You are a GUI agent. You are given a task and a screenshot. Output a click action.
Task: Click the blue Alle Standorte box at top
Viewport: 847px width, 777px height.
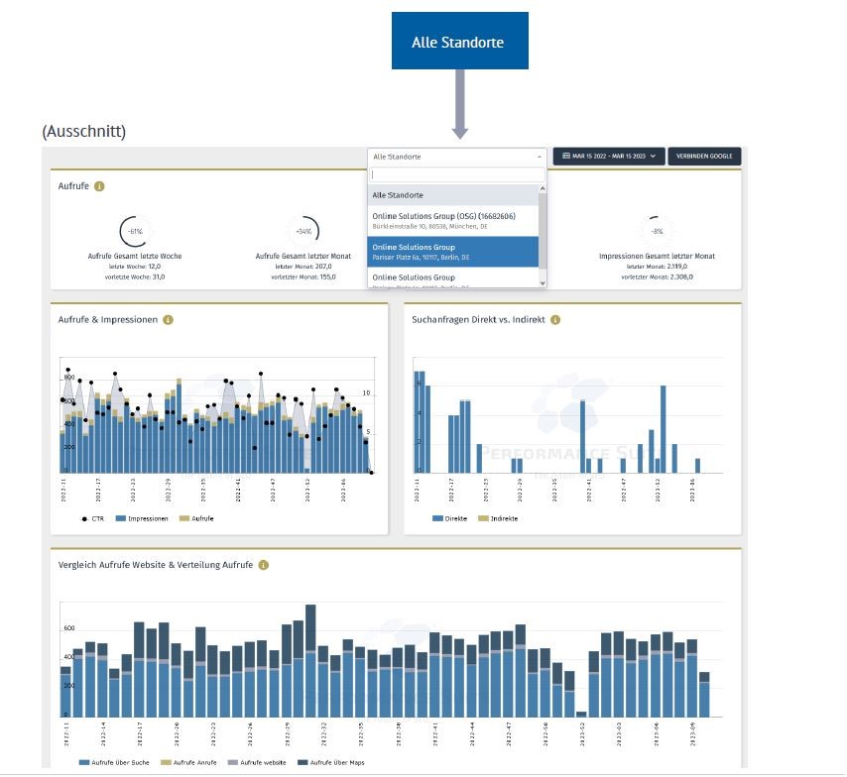tap(459, 42)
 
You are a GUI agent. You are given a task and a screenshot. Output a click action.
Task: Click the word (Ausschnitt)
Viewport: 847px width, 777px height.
tap(84, 132)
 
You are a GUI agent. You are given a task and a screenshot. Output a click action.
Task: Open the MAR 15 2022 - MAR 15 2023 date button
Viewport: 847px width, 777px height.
tap(609, 157)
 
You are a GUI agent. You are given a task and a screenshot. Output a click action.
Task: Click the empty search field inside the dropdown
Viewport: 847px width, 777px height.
tap(456, 174)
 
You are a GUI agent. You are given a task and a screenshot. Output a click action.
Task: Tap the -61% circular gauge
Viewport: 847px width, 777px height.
tap(135, 230)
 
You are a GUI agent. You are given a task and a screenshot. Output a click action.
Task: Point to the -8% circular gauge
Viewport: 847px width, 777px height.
tap(657, 230)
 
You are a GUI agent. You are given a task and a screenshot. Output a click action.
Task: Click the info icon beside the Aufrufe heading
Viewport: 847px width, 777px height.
tap(99, 186)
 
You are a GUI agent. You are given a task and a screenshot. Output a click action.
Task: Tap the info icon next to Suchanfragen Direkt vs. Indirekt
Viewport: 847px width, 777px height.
tap(555, 320)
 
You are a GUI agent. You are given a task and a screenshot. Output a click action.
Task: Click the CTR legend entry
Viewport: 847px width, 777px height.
tap(93, 518)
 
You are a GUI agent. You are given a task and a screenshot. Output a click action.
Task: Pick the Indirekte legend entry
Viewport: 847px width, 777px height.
tap(500, 518)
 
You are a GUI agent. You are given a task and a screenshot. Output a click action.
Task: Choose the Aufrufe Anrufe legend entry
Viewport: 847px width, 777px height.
tap(192, 762)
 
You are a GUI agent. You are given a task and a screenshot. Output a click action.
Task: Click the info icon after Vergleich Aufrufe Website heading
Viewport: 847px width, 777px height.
tap(263, 565)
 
